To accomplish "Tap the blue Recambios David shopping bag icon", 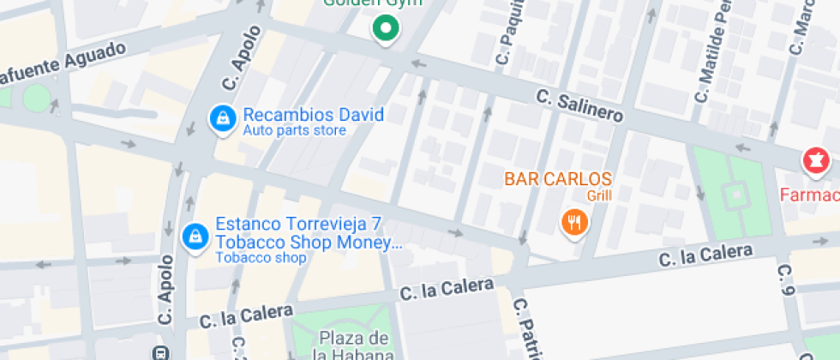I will pyautogui.click(x=222, y=120).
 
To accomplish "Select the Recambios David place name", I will pyautogui.click(x=313, y=115).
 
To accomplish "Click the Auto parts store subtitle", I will pyautogui.click(x=294, y=131).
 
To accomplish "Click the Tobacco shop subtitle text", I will pyautogui.click(x=261, y=257).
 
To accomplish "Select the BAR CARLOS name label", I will pyautogui.click(x=558, y=179).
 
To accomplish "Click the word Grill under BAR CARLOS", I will pyautogui.click(x=599, y=195).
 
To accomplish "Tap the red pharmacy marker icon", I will pyautogui.click(x=815, y=161).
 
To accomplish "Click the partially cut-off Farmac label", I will pyautogui.click(x=809, y=195).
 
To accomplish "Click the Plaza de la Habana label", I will pyautogui.click(x=355, y=345).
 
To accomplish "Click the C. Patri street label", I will pyautogui.click(x=526, y=330).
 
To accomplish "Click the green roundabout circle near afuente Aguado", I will pyautogui.click(x=36, y=98).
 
